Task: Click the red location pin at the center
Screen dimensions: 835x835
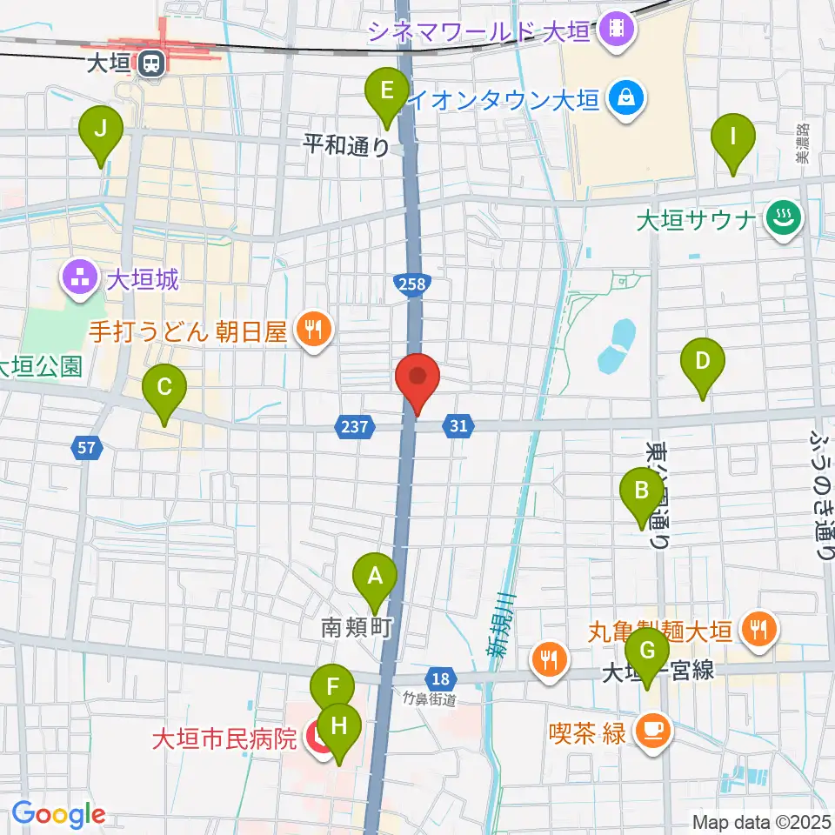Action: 417,380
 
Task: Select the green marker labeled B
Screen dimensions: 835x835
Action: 642,493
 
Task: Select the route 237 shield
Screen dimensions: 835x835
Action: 354,426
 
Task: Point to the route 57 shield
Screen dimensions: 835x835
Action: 86,449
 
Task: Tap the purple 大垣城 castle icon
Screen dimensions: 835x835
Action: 79,280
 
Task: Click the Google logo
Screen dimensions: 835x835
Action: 59,814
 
